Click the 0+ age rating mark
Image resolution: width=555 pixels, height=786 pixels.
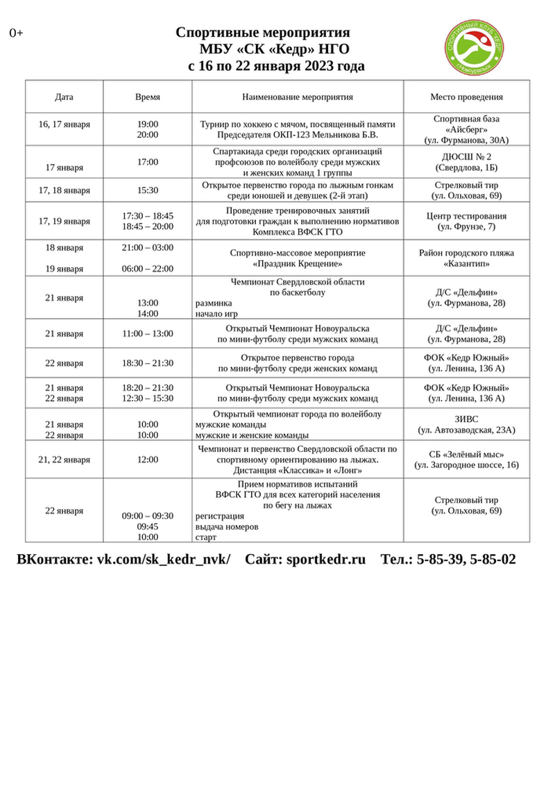[16, 33]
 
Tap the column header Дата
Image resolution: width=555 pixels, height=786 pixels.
[65, 97]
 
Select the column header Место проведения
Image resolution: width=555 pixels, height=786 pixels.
[466, 97]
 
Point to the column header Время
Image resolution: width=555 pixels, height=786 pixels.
[147, 97]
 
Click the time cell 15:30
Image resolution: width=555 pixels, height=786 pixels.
[147, 190]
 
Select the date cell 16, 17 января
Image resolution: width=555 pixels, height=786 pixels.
[65, 124]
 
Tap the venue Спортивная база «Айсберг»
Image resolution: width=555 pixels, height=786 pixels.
[466, 124]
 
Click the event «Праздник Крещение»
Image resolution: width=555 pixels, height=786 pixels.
[298, 264]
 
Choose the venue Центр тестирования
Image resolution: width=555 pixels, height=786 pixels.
[466, 216]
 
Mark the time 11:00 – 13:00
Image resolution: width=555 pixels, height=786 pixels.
[147, 333]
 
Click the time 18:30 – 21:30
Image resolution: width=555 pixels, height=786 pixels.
[147, 363]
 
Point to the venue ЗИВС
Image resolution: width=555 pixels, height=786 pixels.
[466, 419]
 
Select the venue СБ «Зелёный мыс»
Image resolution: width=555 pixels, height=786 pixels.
[466, 454]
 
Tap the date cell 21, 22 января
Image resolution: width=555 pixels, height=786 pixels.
[65, 460]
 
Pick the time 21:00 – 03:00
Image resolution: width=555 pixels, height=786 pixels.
[147, 248]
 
